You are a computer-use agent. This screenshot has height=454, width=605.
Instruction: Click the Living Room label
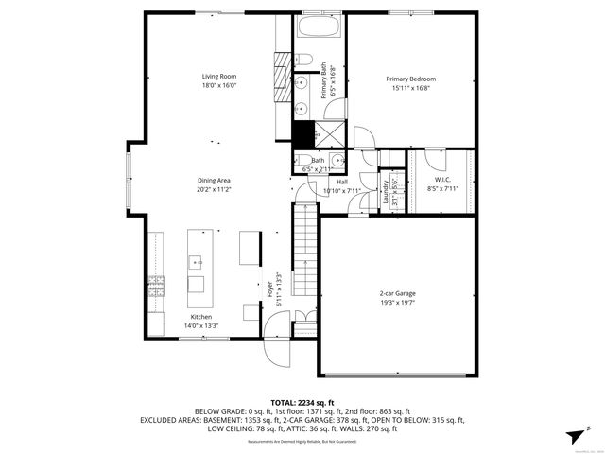coord(218,76)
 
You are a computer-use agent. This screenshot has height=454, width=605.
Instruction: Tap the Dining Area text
coord(215,180)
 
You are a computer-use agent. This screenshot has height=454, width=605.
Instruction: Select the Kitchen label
coord(200,317)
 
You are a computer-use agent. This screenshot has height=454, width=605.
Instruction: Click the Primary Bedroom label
coord(410,79)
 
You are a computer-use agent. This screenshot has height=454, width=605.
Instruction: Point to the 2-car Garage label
coord(397,293)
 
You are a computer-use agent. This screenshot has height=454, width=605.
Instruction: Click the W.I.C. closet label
coord(442,179)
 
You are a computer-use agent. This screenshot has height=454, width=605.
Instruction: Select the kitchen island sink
coord(196,261)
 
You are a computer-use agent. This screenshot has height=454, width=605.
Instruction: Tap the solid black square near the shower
coord(302,134)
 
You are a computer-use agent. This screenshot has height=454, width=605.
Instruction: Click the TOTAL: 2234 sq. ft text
coord(302,402)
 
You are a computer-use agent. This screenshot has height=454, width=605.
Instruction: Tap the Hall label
coord(342,182)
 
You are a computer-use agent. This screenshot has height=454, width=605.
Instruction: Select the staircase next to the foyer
coord(303,241)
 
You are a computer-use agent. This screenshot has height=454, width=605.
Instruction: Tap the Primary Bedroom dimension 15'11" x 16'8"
coord(410,88)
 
